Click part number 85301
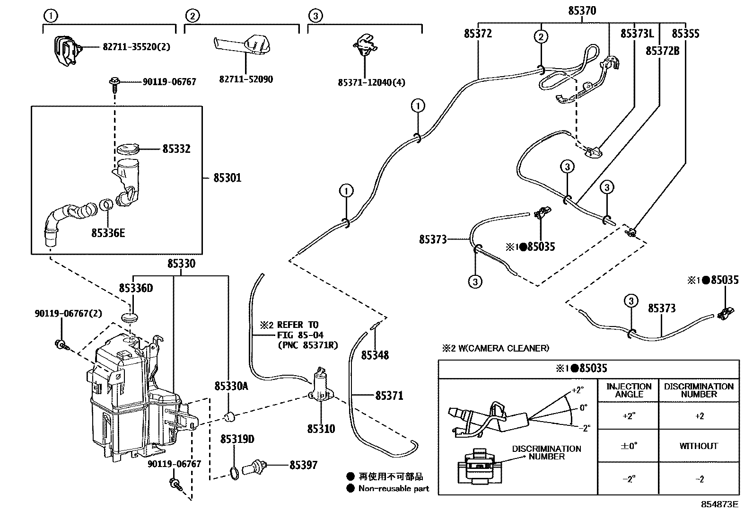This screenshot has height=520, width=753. click(x=227, y=178)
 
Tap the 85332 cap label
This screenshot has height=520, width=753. click(x=176, y=149)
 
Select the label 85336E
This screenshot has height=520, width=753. click(x=108, y=233)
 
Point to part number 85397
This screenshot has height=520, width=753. click(x=303, y=466)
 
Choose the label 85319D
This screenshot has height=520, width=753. click(x=237, y=440)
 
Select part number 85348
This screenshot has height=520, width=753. click(x=375, y=355)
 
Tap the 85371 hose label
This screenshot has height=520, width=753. click(x=389, y=395)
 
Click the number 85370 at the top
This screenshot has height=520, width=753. click(x=582, y=10)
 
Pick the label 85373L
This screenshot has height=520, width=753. click(x=637, y=34)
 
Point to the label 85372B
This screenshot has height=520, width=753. click(x=662, y=51)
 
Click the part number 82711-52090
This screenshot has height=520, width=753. click(x=246, y=79)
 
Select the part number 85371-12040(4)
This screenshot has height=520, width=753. click(x=371, y=82)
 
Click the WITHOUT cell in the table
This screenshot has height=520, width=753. click(x=699, y=446)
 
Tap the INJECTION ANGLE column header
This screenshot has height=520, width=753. click(x=629, y=390)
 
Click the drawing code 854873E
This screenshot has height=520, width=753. click(x=719, y=504)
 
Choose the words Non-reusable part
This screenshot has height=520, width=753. click(x=394, y=488)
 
